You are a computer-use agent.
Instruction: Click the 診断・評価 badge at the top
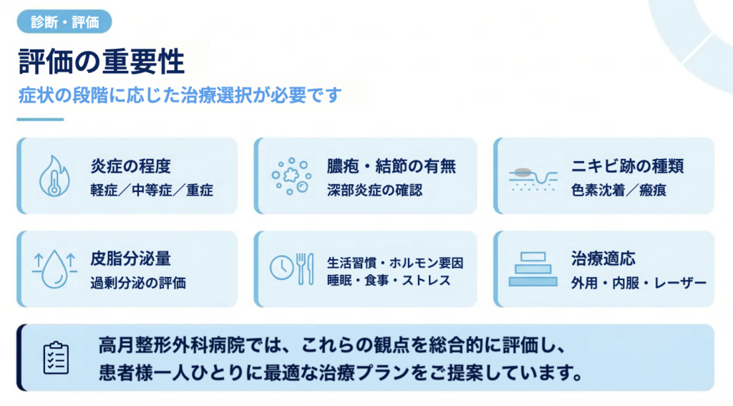click(x=64, y=21)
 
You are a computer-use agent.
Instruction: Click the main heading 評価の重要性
click(x=102, y=62)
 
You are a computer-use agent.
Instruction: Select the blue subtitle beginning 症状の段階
click(x=180, y=95)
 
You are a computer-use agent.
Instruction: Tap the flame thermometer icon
click(x=54, y=176)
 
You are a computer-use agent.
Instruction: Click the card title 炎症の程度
click(x=130, y=165)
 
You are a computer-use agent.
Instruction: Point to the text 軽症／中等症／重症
click(x=152, y=190)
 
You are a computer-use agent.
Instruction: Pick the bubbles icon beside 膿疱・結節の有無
click(x=291, y=176)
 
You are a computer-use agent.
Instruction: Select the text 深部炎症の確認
click(x=374, y=190)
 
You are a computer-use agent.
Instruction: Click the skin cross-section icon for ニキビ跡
click(x=533, y=179)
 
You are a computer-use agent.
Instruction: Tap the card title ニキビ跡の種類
click(x=627, y=165)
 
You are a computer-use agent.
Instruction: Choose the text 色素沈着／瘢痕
click(x=618, y=190)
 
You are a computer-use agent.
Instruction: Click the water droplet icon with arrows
click(x=54, y=269)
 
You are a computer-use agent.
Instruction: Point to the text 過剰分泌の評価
click(x=138, y=283)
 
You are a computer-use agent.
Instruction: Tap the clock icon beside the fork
click(x=282, y=268)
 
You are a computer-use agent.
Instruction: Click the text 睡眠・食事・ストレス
click(x=389, y=280)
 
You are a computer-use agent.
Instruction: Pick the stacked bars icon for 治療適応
click(x=533, y=269)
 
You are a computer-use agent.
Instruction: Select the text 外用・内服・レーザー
click(x=639, y=283)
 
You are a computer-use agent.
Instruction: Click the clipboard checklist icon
click(x=56, y=358)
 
